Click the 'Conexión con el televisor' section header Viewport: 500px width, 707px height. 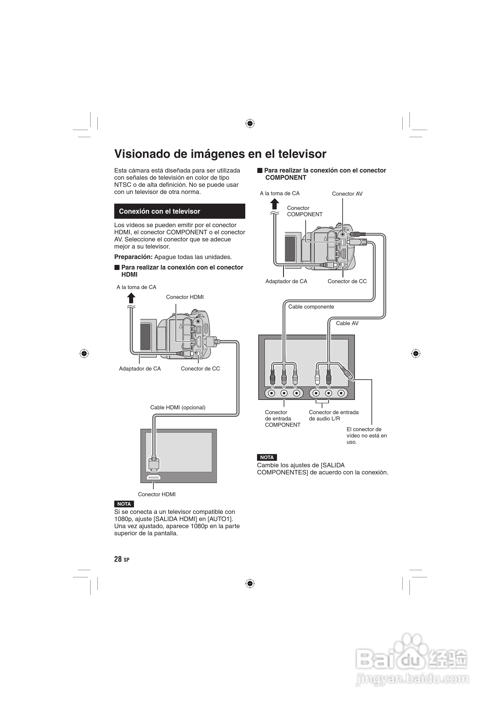(160, 211)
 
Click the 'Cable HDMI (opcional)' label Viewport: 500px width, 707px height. (177, 407)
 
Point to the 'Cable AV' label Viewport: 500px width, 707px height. (347, 323)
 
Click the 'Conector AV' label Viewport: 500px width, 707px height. (347, 194)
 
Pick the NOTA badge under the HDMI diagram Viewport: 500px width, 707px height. (124, 504)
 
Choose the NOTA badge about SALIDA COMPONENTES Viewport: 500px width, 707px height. (267, 457)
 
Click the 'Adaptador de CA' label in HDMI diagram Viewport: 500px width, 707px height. (140, 369)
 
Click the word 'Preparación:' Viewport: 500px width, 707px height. (133, 257)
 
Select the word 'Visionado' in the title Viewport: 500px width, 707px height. (142, 154)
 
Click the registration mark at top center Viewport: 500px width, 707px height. (250, 124)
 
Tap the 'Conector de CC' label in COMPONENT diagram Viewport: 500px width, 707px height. (347, 281)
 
